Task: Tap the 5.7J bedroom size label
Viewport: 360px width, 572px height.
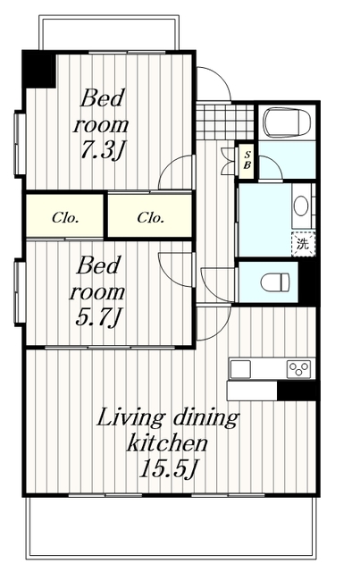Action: [97, 316]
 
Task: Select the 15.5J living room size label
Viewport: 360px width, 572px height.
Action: [168, 468]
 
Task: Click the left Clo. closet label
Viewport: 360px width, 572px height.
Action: [65, 218]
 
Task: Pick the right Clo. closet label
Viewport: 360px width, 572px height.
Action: [151, 218]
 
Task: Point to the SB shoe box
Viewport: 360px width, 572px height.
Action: [247, 162]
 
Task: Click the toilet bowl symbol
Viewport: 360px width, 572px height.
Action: [275, 282]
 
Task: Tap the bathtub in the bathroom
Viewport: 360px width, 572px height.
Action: [287, 122]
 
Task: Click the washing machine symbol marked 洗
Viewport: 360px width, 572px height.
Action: [303, 244]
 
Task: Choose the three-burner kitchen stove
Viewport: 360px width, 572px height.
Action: [298, 369]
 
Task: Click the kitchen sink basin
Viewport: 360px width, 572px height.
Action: [240, 369]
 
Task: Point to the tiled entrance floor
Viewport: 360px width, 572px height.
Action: [225, 122]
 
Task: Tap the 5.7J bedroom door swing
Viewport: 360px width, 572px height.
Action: [170, 275]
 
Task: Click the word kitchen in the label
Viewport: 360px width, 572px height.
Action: [167, 443]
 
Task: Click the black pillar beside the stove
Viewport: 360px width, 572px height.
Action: [297, 391]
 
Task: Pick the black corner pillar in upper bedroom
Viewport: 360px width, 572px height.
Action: [39, 70]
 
